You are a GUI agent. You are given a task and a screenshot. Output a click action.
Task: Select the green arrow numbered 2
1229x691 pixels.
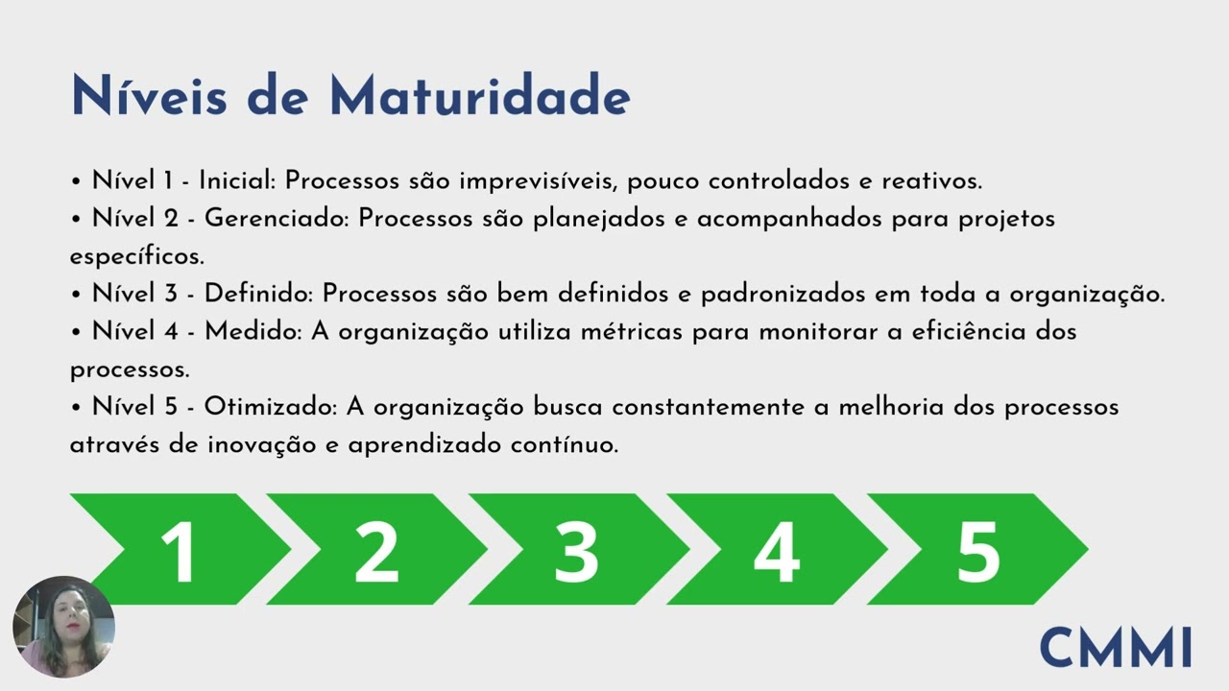coord(376,550)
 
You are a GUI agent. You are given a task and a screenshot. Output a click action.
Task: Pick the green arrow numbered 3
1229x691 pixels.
coord(576,550)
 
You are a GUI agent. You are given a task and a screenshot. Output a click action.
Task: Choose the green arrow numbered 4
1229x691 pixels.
coord(776,550)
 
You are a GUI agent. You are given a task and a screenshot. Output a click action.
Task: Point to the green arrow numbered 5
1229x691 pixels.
coord(977,550)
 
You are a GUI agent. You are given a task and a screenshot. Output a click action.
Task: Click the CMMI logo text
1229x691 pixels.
coord(1116,647)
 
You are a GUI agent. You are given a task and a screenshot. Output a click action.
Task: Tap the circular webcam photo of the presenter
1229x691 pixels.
coord(63,627)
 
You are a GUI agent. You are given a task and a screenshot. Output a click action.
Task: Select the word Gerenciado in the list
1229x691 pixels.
coord(277,219)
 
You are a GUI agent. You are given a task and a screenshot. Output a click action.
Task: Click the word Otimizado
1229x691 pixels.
coord(270,407)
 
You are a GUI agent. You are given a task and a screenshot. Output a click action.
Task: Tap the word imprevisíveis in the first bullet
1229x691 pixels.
coord(527,180)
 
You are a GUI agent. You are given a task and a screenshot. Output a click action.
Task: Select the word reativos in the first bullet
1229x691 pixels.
coord(930,180)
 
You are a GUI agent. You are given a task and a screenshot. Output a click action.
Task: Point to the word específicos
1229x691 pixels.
coord(135,257)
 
